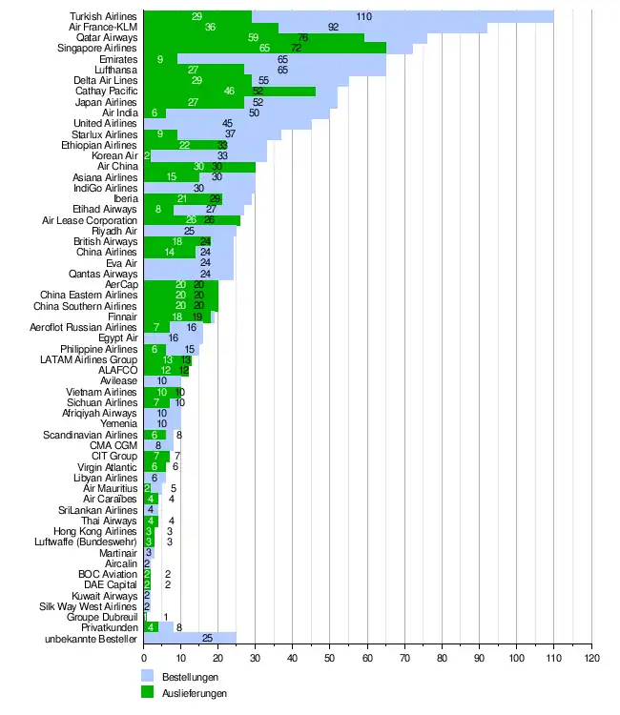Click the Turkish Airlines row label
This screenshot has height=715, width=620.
pos(104,17)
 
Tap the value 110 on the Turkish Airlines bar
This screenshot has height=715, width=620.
pos(364,17)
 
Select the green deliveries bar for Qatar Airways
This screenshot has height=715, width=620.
pos(253,38)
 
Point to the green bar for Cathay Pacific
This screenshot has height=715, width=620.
pos(229,92)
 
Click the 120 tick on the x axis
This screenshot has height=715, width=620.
pos(591,658)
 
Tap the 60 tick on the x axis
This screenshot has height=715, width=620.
pos(367,658)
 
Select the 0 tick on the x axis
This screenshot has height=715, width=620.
pos(144,658)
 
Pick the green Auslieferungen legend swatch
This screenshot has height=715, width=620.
pos(148,693)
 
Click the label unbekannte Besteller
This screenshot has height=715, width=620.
pos(92,637)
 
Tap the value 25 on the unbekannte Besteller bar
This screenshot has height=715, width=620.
pos(207,637)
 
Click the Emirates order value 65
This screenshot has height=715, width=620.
pos(283,59)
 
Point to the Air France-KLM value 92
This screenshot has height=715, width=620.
pos(334,28)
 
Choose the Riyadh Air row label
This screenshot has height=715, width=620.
pos(114,231)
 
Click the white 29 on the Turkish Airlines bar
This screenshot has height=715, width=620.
pos(196,17)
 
